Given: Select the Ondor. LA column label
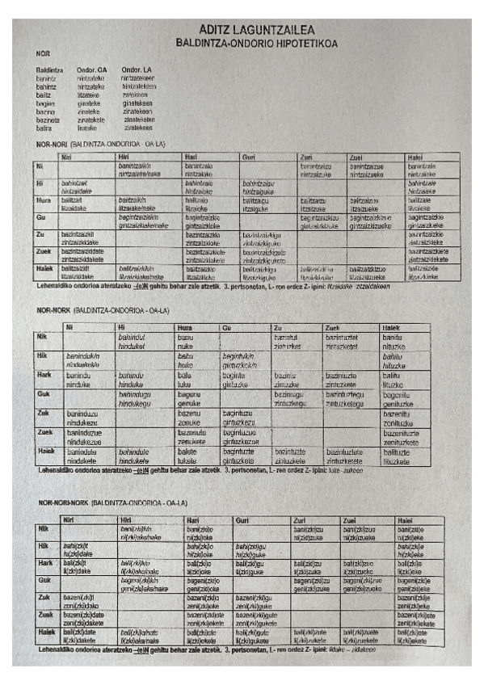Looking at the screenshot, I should pos(137,69).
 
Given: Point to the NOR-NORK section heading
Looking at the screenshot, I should pos(55,309).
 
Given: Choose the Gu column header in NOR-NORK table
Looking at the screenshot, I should pos(227,327).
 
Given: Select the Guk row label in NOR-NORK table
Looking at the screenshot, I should pos(44,393).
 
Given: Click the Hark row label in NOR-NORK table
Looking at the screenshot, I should pos(45,374).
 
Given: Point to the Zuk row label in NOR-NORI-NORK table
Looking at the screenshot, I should pos(45,598).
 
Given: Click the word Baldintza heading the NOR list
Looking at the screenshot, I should pos(50,69).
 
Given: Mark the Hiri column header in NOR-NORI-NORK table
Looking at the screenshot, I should pos(124,519).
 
